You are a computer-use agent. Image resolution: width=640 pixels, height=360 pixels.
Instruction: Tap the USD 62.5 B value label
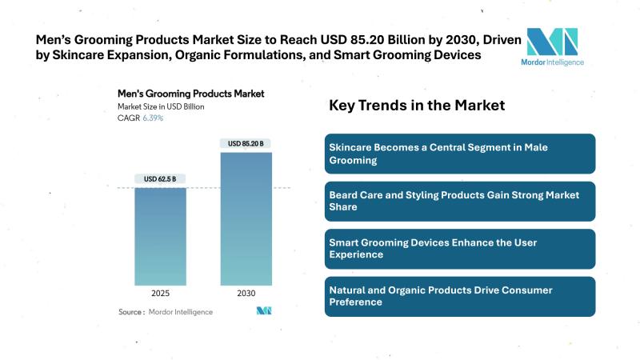coord(160,178)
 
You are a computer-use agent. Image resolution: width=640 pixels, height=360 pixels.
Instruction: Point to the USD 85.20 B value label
coord(246,144)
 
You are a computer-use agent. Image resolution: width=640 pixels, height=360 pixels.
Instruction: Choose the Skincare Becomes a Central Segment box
coord(461,154)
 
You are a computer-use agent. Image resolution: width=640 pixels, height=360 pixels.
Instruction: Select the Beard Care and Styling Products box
coord(461,201)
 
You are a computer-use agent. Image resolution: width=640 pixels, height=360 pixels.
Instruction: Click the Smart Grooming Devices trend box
coord(461,248)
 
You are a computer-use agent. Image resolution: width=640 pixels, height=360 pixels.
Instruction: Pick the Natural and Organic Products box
coord(461,296)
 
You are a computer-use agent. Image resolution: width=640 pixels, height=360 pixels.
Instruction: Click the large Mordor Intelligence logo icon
coord(551,41)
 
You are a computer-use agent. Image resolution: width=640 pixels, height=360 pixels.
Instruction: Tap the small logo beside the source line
coord(265,310)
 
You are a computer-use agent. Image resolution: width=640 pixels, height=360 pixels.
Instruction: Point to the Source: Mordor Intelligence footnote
coord(166,311)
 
